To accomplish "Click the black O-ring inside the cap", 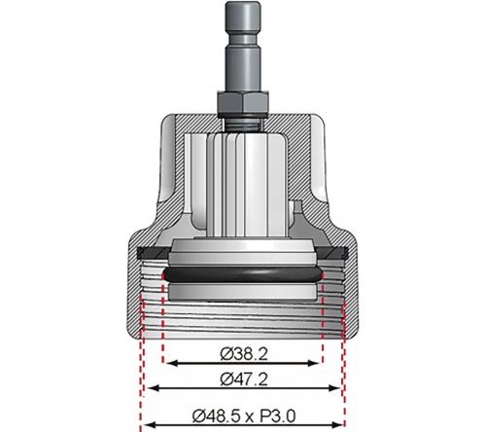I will (x=242, y=278).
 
